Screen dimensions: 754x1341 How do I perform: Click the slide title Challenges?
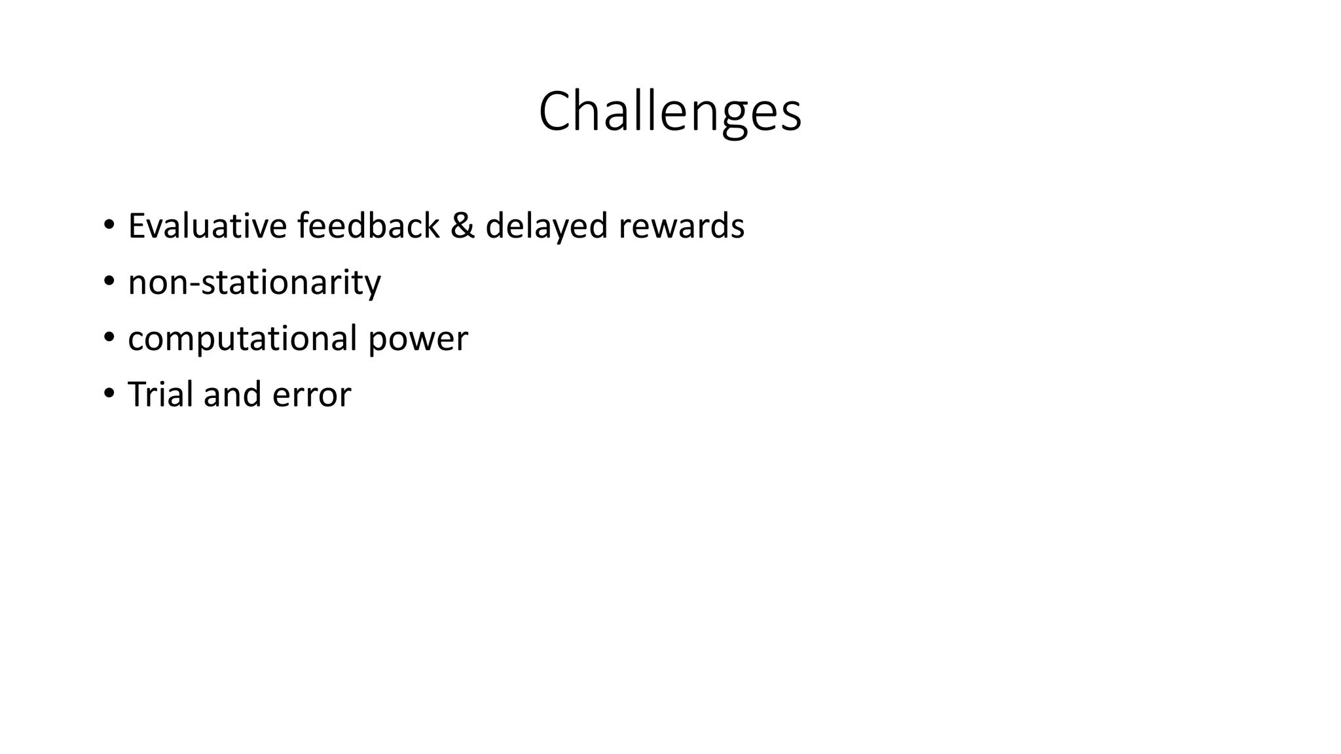click(x=670, y=113)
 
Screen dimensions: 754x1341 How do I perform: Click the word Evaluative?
click(x=207, y=226)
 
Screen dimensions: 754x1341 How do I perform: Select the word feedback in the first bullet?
click(x=368, y=226)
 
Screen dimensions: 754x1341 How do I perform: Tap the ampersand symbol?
click(x=462, y=226)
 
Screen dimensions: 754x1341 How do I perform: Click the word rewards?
click(x=681, y=226)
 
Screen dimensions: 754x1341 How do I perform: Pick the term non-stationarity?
click(x=254, y=282)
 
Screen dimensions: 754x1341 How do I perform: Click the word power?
click(x=418, y=340)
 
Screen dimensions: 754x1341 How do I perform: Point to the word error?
click(x=312, y=395)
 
